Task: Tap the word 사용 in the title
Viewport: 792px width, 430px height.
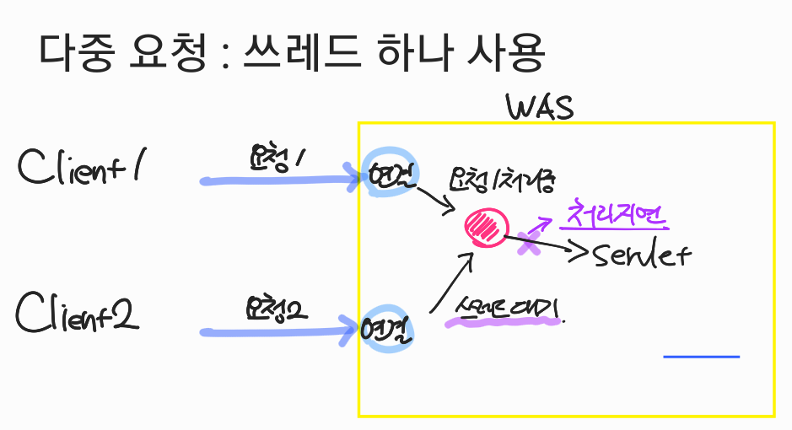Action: tap(504, 53)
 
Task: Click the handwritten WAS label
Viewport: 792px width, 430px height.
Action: tap(540, 107)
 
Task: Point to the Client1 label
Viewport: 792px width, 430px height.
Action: tap(80, 167)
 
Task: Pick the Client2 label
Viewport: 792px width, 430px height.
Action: tap(78, 314)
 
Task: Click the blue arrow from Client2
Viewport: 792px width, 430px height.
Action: tap(278, 331)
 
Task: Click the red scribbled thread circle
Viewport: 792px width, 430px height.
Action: tap(487, 227)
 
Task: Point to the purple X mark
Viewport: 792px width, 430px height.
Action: tap(529, 243)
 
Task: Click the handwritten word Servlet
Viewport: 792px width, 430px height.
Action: tap(642, 255)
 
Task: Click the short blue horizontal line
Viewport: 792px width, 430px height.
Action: tap(701, 357)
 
